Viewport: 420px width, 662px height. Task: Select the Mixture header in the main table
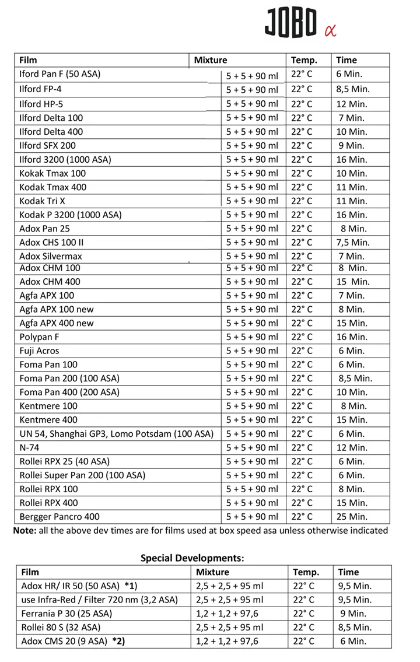[x=211, y=60]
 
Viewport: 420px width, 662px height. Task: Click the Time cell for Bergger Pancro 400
[x=351, y=517]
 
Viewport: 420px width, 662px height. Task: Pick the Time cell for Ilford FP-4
[x=353, y=90]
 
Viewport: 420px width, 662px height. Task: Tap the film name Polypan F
[x=39, y=337]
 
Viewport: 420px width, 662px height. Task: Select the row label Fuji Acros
[x=39, y=351]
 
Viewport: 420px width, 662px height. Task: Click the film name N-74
[x=30, y=447]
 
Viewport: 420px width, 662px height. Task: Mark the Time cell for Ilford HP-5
[x=351, y=104]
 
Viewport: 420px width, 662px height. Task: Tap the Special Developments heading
[x=192, y=558]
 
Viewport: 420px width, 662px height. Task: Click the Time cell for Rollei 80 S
[x=354, y=628]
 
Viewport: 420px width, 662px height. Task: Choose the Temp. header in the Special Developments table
[x=306, y=572]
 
